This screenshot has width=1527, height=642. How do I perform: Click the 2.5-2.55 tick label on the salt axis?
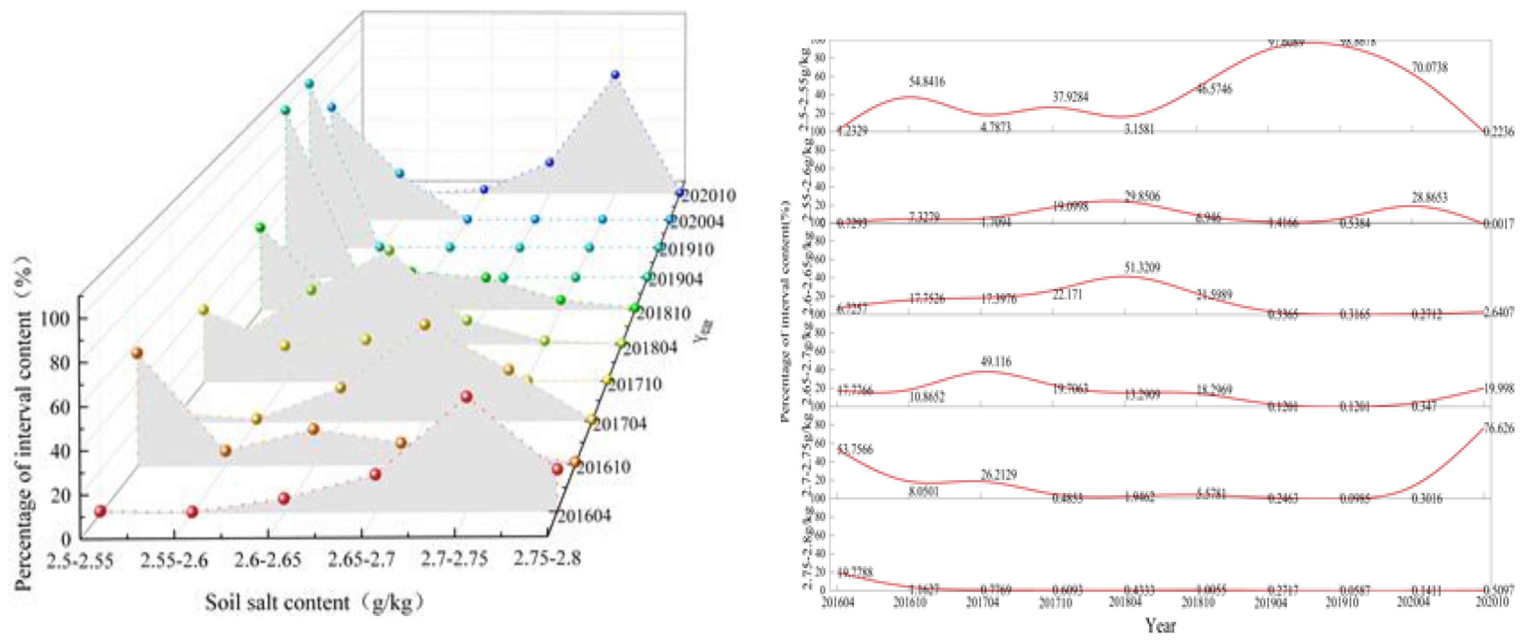pos(80,560)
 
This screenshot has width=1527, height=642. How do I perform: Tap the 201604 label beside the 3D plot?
pos(584,516)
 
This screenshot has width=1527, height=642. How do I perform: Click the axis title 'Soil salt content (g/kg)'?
pos(315,603)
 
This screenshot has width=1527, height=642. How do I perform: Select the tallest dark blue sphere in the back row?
pos(615,75)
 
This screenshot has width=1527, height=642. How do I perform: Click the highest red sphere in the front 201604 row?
pos(466,397)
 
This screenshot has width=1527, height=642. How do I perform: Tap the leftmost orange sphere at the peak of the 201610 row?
pos(137,353)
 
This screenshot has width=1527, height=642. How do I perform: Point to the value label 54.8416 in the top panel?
pos(927,82)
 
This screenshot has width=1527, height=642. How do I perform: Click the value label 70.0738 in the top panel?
pos(1429,67)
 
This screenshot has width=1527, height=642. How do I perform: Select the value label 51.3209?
pos(1142,267)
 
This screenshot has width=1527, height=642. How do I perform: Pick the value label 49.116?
pos(996,361)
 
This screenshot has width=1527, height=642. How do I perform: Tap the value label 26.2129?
pos(999,474)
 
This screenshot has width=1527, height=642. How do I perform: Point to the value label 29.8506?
pos(1142,196)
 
